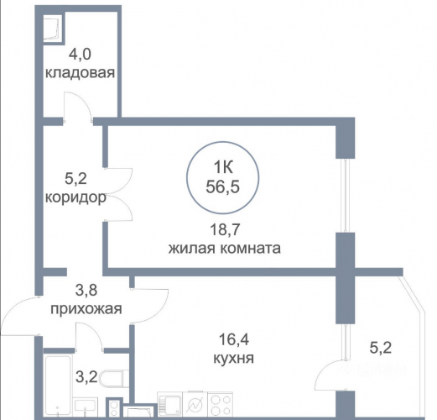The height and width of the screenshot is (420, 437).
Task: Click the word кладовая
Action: [80, 73]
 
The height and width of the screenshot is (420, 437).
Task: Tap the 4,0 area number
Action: [80, 54]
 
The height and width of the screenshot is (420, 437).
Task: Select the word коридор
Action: [75, 198]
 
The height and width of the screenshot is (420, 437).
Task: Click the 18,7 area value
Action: [226, 230]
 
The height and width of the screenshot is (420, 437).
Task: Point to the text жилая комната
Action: [225, 249]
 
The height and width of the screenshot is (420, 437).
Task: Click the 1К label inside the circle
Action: [223, 168]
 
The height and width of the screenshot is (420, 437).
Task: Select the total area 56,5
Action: [223, 186]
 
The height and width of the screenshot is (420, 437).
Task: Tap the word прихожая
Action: [86, 309]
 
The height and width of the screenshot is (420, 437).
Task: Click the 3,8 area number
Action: [86, 290]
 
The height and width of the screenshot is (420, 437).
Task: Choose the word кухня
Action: [233, 358]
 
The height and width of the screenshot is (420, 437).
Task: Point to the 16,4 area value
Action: [234, 339]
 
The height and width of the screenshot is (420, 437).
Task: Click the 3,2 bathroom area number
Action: [86, 377]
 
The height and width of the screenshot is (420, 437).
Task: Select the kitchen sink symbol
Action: [170, 405]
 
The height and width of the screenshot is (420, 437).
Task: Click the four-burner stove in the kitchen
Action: [221, 405]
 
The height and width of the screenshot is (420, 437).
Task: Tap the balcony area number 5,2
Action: [381, 348]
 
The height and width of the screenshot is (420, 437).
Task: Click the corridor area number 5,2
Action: [75, 179]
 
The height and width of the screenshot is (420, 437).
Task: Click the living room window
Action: [346, 196]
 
